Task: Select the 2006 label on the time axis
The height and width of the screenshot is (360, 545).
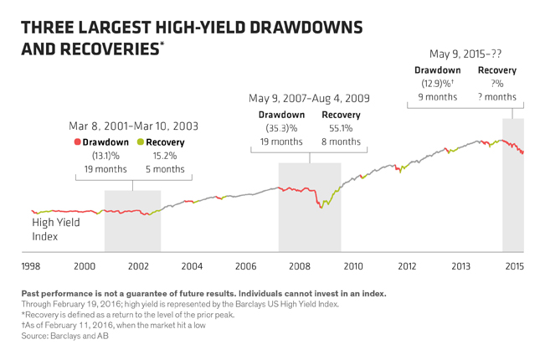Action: pos(245,265)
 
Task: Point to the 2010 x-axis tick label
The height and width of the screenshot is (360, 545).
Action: pos(352,265)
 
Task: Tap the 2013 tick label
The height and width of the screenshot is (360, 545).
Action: pos(460,265)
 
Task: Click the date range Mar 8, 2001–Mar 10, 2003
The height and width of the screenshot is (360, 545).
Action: pos(133,126)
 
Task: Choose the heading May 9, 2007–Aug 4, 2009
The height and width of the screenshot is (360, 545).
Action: pos(309,99)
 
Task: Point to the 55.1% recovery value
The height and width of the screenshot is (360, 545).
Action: pos(339,128)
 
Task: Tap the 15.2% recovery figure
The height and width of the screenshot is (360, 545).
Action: pos(164,156)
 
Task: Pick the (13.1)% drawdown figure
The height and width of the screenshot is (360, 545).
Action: pos(106,156)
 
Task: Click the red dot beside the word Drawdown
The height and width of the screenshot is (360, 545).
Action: pos(77,142)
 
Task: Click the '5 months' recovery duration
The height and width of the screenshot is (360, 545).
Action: pos(164,169)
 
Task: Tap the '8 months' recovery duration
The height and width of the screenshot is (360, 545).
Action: pos(339,141)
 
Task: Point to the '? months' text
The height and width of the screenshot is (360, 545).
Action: pos(496,97)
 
